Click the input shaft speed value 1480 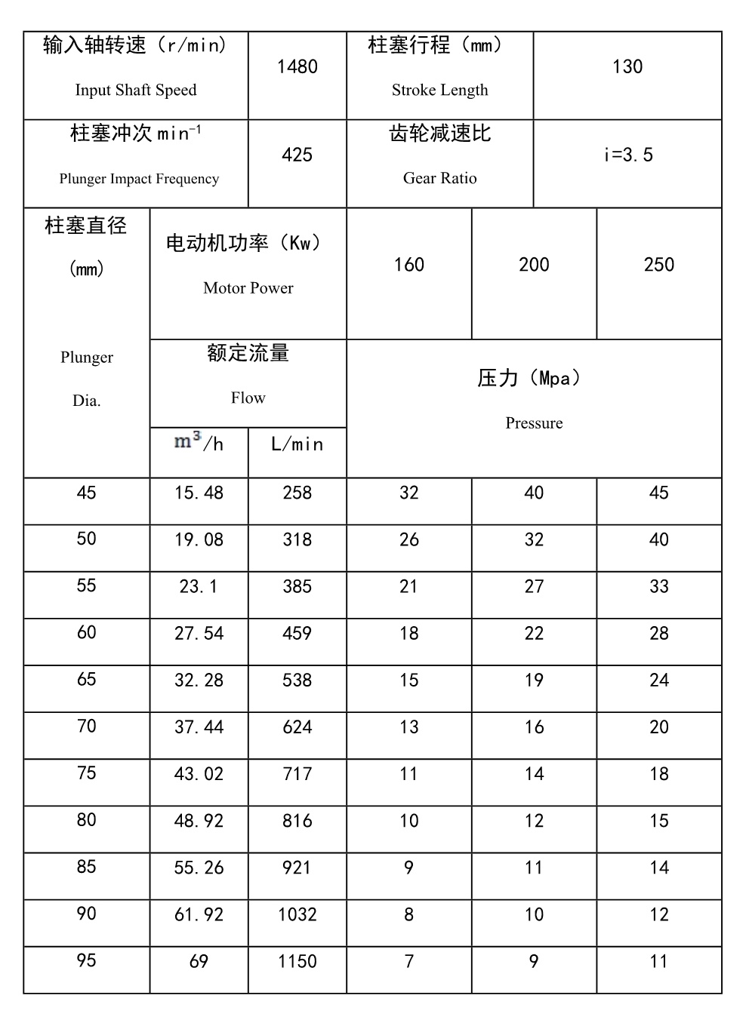coord(297,67)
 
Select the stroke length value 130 coord(627,67)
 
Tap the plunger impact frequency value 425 coord(297,155)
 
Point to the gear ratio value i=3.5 coord(627,155)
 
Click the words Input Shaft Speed coord(136,91)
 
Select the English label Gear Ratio coord(439,179)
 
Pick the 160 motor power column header coord(408,265)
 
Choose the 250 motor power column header coord(658,265)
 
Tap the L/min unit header coord(297,444)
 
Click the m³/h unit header coord(199,443)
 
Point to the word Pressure coord(534,423)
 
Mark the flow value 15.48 coord(199,493)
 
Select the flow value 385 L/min coord(297,587)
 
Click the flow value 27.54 coord(199,634)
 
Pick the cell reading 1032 coord(297,915)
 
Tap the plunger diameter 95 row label coord(86,960)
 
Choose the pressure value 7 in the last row coord(408,962)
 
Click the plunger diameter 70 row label coord(86,727)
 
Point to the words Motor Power coord(248,288)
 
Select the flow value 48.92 coord(199,821)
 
